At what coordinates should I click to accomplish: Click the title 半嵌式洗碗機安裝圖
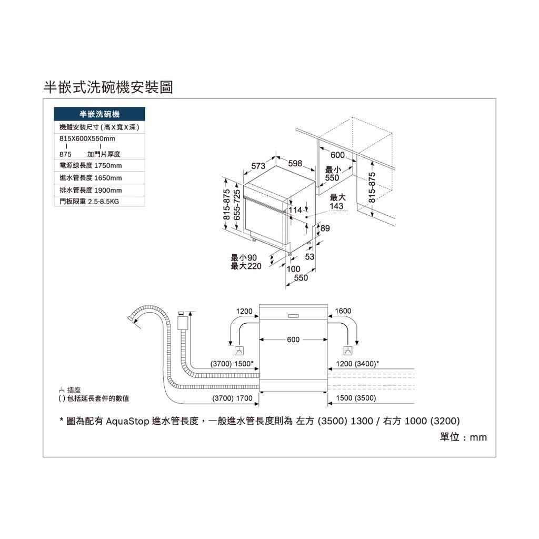[x=108, y=87]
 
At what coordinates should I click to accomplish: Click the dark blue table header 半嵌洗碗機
[x=99, y=114]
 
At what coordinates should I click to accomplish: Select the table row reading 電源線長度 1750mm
[x=99, y=165]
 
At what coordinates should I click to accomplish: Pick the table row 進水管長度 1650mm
[x=99, y=178]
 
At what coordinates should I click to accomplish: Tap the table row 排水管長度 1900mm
[x=99, y=190]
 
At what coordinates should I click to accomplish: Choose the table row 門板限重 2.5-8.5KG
[x=99, y=201]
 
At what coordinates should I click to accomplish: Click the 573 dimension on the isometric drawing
[x=258, y=166]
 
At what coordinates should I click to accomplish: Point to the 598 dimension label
[x=295, y=163]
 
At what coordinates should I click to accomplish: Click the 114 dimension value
[x=295, y=210]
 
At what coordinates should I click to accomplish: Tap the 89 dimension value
[x=325, y=228]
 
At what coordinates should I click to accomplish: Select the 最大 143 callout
[x=337, y=202]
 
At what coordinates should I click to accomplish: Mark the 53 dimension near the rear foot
[x=310, y=257]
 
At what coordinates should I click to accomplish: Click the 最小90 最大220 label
[x=246, y=262]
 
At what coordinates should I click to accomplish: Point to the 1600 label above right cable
[x=343, y=311]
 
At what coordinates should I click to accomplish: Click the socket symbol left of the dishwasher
[x=239, y=351]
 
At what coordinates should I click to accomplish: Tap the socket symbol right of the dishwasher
[x=348, y=351]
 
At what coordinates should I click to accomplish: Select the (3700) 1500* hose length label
[x=232, y=364]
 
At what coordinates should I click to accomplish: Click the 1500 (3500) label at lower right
[x=356, y=398]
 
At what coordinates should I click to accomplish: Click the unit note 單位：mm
[x=463, y=437]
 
